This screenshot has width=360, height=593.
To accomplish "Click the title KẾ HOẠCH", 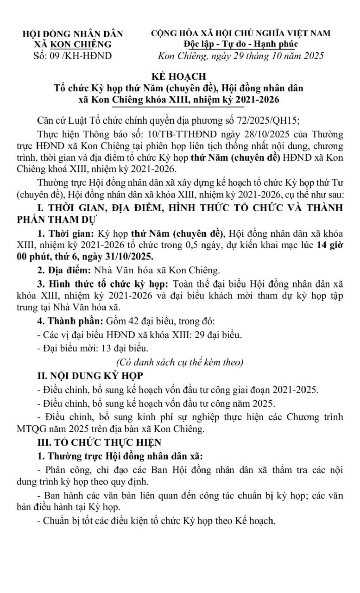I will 180,76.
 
